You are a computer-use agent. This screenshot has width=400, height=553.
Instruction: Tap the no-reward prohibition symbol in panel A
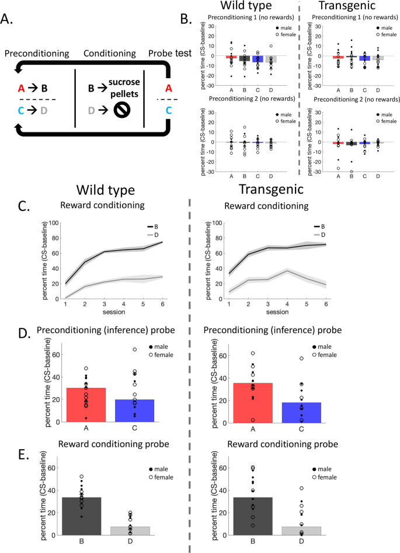[x=121, y=108]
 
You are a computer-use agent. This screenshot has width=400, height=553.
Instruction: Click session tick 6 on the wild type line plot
[x=162, y=304]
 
